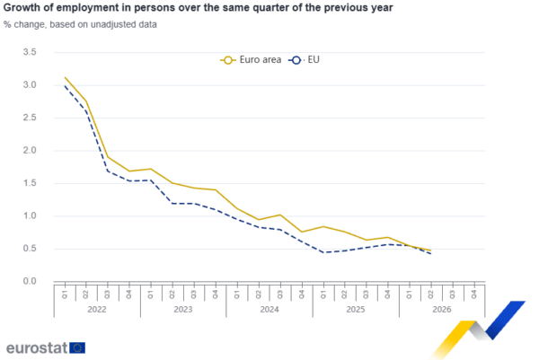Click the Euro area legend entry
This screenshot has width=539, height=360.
click(x=251, y=60)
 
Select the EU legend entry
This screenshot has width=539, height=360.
click(x=304, y=60)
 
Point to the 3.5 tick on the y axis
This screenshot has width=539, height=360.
click(x=30, y=52)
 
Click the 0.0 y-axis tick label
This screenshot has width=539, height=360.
click(x=30, y=281)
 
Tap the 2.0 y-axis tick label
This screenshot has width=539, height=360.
click(x=30, y=150)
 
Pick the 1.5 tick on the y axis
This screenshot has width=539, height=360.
click(x=30, y=183)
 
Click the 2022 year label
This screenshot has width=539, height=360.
click(x=97, y=309)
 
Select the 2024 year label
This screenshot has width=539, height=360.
click(x=269, y=309)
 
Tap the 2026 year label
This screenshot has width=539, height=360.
click(x=442, y=309)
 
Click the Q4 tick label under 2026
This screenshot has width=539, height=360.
click(x=474, y=294)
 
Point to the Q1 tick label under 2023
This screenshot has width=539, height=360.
click(x=151, y=294)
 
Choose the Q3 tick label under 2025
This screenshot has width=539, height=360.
click(x=367, y=294)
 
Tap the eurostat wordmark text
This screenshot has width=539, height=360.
click(x=37, y=347)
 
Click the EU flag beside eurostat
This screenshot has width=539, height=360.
click(x=77, y=347)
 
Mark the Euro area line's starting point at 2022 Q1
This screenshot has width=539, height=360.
click(x=65, y=77)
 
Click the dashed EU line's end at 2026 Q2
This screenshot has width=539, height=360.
click(x=430, y=253)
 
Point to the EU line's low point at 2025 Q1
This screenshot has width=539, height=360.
click(x=323, y=252)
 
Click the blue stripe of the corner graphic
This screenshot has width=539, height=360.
click(x=504, y=320)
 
